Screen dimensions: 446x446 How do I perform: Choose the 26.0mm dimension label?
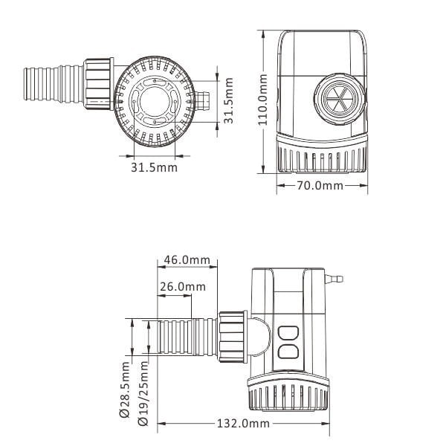coord(182,287)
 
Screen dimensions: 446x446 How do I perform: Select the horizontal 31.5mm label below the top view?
coord(155,167)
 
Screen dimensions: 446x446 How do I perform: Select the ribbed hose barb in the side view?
coord(183,338)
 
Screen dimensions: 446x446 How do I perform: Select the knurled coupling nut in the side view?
coord(233,338)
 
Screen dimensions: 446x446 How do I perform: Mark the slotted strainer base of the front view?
coord(323,158)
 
